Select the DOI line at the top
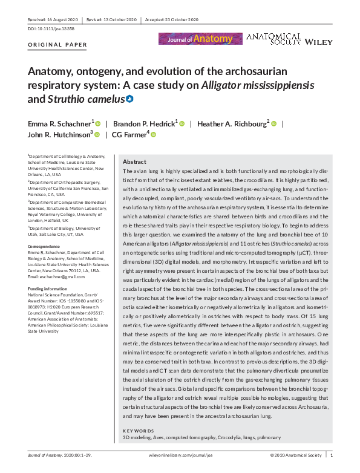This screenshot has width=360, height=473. click(x=47, y=28)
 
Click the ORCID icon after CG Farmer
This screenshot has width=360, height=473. click(x=153, y=134)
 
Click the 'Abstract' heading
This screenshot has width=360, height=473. click(x=134, y=162)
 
